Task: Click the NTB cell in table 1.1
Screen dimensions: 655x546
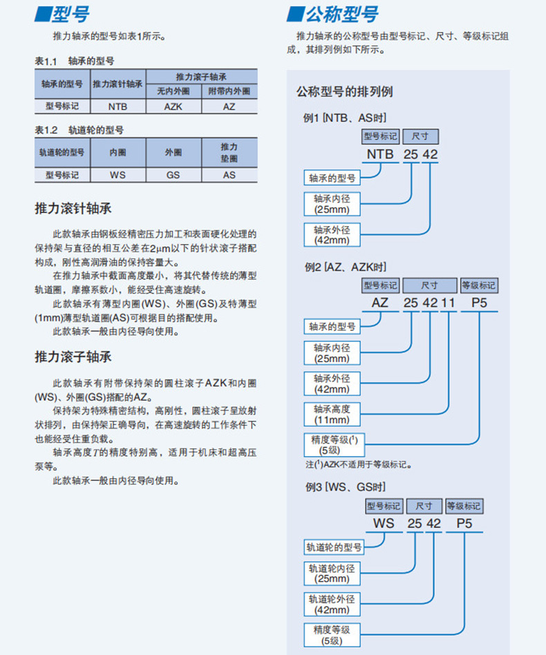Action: (117, 107)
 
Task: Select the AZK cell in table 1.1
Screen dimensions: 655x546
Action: (173, 107)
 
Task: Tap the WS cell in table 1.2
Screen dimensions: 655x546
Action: (117, 175)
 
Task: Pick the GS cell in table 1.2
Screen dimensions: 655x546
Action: (173, 175)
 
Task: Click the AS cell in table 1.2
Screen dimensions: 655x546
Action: (229, 175)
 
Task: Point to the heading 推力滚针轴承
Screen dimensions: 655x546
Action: (73, 209)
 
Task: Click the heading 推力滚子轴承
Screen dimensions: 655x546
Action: (73, 357)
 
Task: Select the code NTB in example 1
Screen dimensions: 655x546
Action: (380, 155)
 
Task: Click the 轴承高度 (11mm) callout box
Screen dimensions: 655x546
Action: (332, 414)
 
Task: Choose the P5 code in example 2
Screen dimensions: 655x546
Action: (479, 303)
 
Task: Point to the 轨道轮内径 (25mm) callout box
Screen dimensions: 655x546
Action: (332, 573)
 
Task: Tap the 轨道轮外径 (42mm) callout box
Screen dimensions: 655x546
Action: (332, 605)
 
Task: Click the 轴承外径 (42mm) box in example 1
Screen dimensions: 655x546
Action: (332, 235)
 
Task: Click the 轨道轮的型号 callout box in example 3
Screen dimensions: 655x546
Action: (334, 547)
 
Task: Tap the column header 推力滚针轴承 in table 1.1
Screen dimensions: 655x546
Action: (117, 84)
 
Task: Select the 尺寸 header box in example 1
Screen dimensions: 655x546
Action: (420, 136)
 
